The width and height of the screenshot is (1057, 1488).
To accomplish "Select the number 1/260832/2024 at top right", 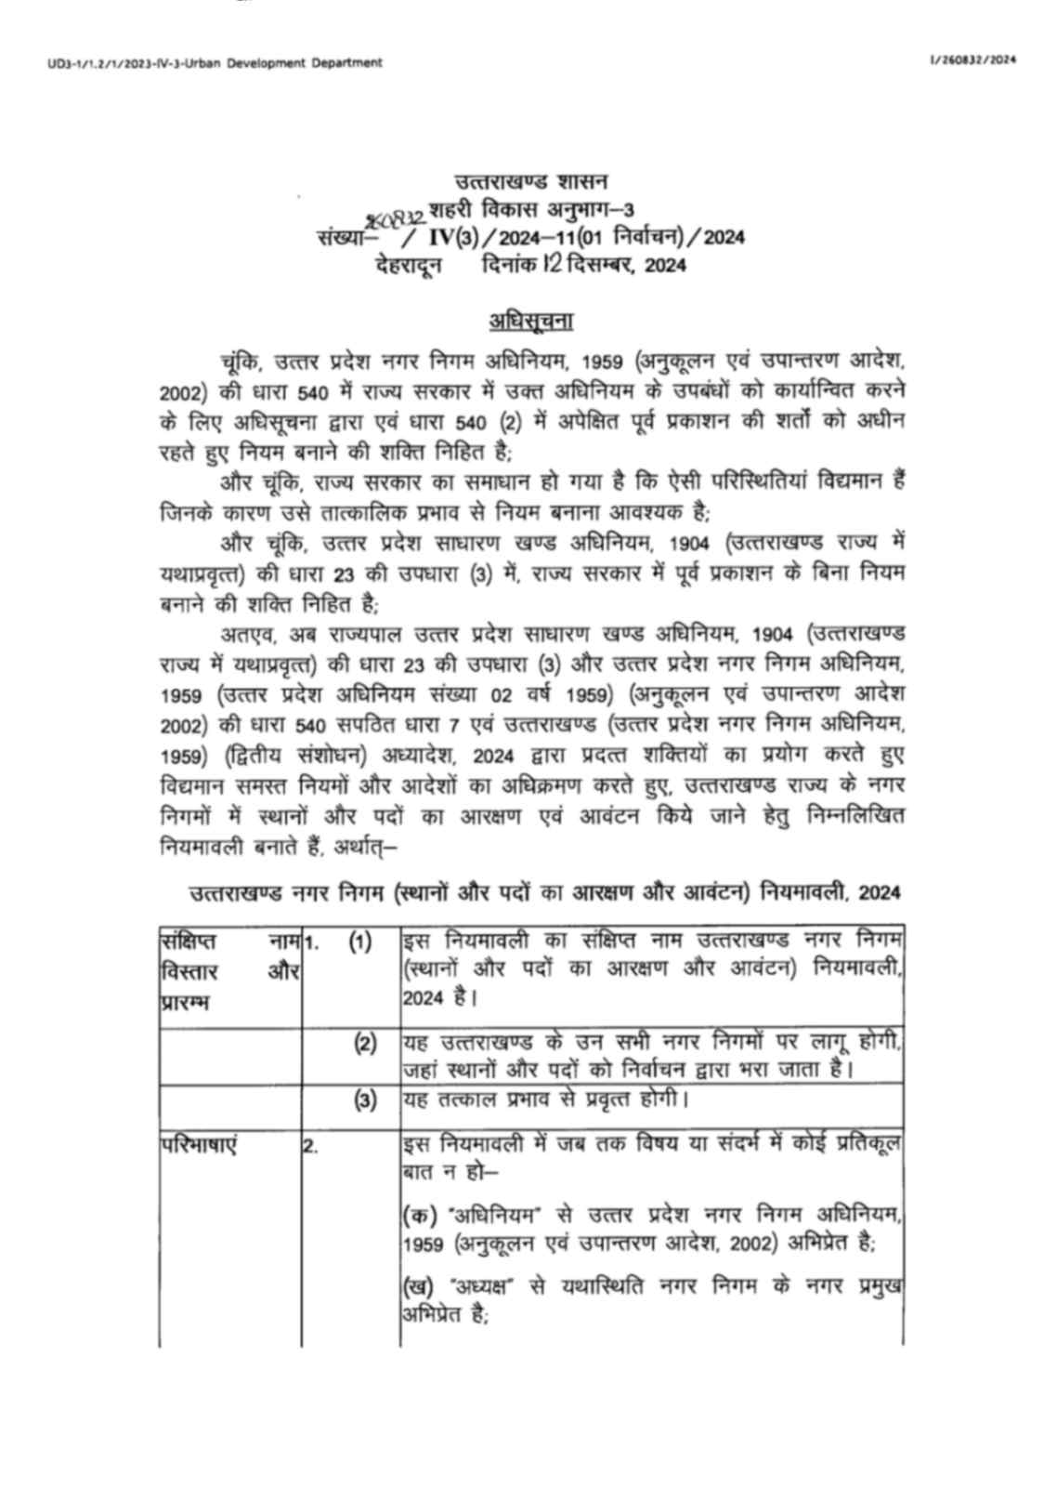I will coord(972,59).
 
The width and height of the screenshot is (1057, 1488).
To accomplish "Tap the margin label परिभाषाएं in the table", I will coord(199,1146).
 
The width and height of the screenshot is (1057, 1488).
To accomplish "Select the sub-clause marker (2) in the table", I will coord(365,1043).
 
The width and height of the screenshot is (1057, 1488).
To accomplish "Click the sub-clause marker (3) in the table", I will coord(365,1100).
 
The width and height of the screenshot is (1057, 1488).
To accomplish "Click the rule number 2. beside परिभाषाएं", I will coord(310,1147).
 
